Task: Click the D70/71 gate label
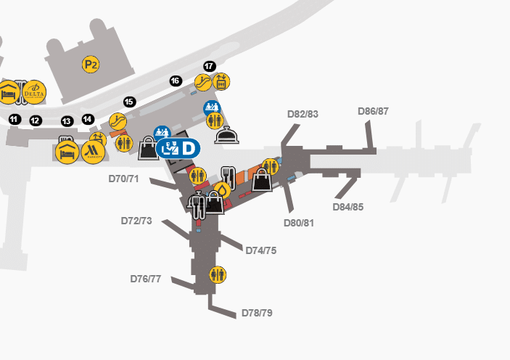[123, 179]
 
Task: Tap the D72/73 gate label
[136, 221]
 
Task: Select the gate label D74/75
[260, 250]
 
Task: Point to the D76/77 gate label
[146, 279]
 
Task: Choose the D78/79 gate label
[257, 314]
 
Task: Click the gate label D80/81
[299, 223]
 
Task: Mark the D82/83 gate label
[303, 114]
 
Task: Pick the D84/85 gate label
[348, 207]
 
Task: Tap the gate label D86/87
[374, 111]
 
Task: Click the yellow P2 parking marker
[91, 65]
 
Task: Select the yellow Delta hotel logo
[34, 93]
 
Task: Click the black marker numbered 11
[14, 119]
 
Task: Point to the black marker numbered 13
[67, 121]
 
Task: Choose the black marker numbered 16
[175, 81]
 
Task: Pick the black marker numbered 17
[209, 66]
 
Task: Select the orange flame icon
[222, 190]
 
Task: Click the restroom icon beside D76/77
[218, 274]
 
